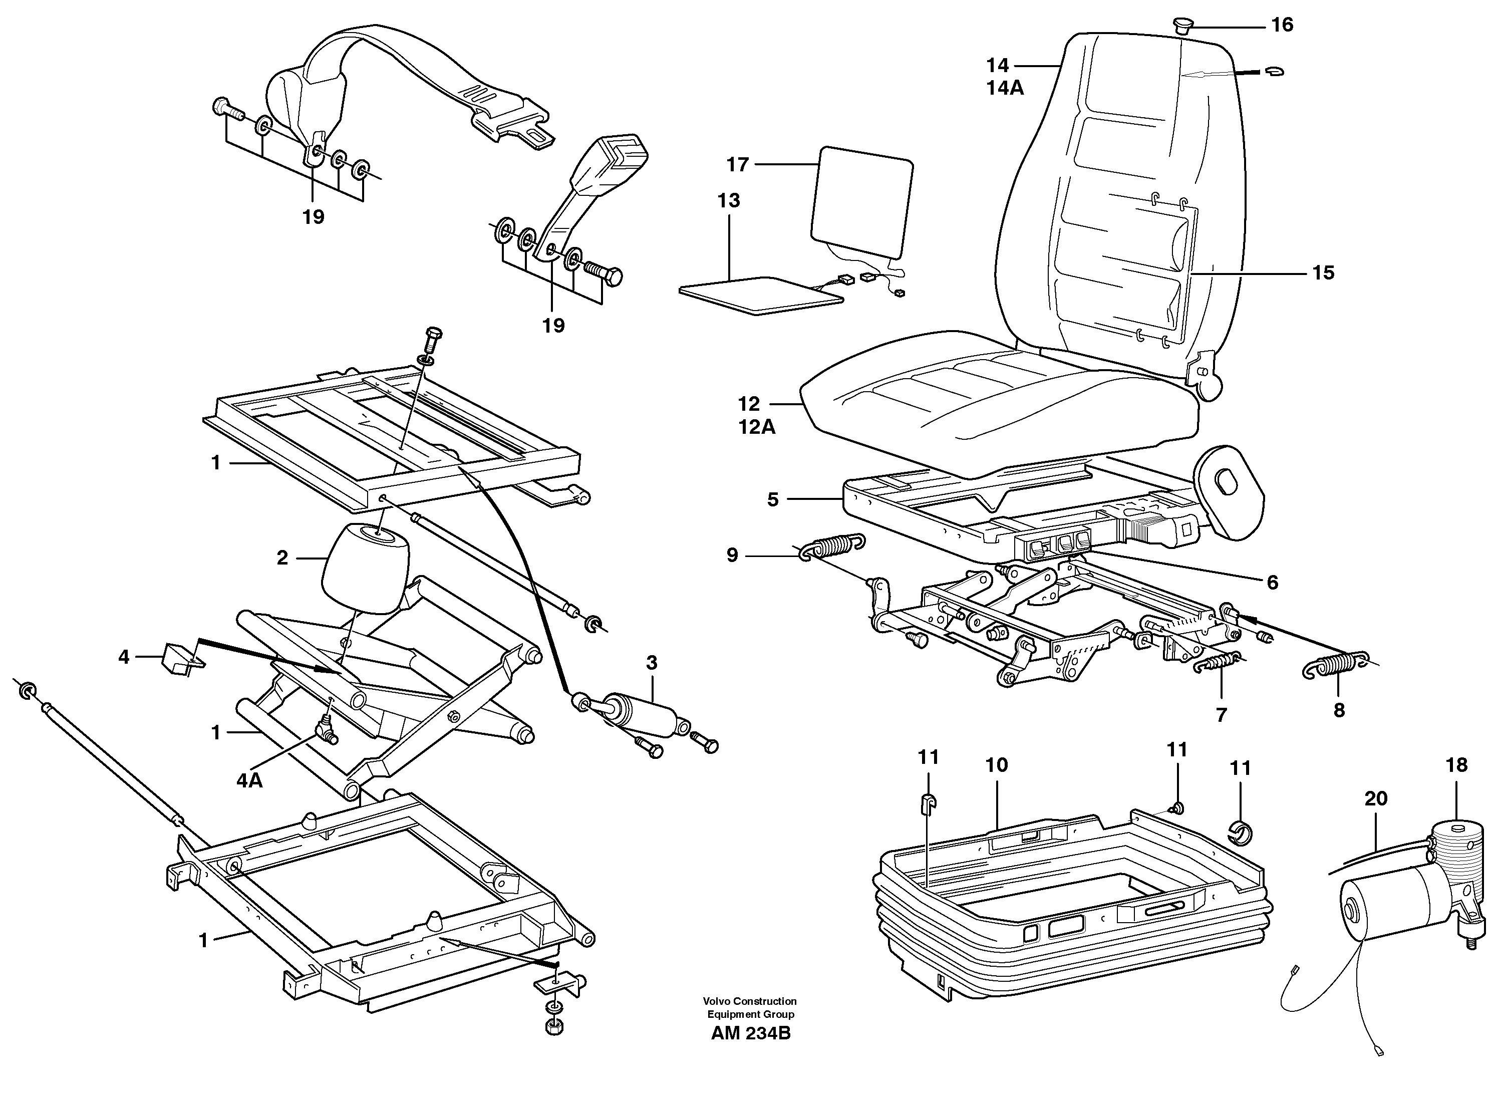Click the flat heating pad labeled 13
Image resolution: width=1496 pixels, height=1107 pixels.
pos(760,295)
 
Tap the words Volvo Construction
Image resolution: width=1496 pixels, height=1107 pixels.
pos(750,1001)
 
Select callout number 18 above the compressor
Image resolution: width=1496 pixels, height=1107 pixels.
pos(1456,765)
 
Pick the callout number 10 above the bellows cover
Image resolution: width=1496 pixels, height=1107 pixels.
pos(996,765)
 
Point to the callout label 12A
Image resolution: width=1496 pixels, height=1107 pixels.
pos(757,427)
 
